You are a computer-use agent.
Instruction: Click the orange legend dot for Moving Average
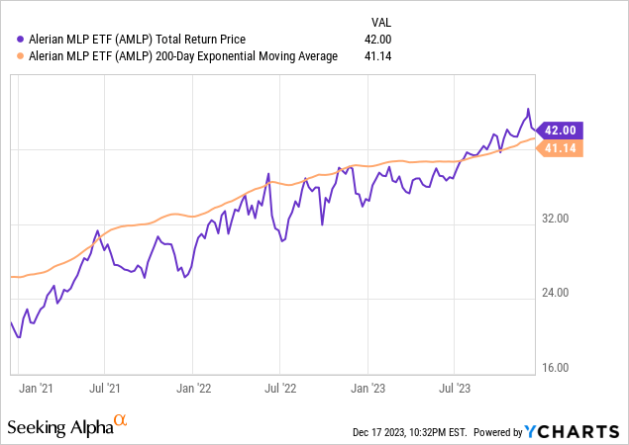[10, 56]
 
